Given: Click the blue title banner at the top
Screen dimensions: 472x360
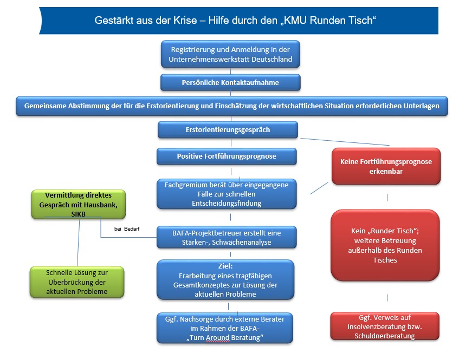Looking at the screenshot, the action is click(x=238, y=21).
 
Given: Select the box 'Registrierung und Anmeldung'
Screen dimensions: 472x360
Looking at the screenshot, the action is click(x=230, y=54).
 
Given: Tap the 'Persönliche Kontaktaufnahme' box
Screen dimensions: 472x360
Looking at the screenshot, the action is click(x=230, y=82).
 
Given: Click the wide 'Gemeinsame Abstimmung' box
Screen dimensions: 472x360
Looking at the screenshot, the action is click(x=232, y=106).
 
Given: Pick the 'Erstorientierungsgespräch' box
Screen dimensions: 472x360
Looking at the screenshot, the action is click(x=228, y=129).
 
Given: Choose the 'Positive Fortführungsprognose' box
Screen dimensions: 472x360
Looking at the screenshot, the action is click(x=227, y=156).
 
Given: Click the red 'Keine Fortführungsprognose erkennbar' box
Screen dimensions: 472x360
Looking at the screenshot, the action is click(x=386, y=166).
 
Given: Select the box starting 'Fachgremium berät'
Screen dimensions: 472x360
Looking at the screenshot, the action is click(x=227, y=194).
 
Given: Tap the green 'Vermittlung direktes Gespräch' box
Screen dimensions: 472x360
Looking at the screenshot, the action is click(x=78, y=204).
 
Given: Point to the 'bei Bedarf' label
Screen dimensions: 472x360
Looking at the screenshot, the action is click(x=127, y=229).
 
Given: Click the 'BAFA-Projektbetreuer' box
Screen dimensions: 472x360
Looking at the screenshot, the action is click(x=227, y=237).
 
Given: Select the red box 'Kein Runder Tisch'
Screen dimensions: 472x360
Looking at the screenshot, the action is click(x=385, y=245).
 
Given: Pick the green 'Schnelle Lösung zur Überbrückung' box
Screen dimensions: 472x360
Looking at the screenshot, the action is click(x=77, y=282).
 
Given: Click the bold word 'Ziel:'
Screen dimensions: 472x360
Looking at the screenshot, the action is click(x=225, y=266).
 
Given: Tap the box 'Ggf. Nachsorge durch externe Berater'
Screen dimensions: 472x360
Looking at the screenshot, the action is click(x=225, y=328).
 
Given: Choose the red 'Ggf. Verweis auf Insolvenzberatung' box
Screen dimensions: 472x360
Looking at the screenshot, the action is click(x=385, y=326).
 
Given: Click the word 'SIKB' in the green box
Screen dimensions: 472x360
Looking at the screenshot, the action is click(x=78, y=214).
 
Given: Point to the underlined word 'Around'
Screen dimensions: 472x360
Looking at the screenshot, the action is click(x=216, y=338).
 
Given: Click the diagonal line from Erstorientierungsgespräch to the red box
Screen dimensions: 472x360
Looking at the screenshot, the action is click(x=345, y=142).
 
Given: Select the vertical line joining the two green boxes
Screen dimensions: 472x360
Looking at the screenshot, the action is click(x=79, y=242).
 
